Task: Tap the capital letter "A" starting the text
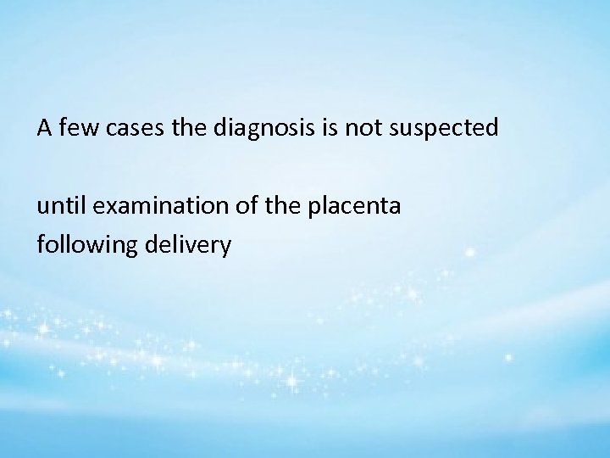pyautogui.click(x=43, y=129)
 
